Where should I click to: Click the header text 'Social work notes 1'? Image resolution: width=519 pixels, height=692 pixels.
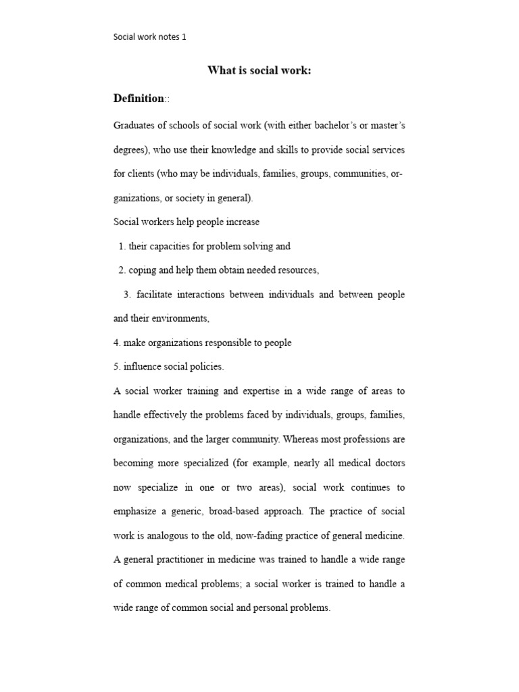149,37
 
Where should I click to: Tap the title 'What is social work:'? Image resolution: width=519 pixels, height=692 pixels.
259,71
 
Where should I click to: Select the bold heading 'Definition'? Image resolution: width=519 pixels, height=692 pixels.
139,99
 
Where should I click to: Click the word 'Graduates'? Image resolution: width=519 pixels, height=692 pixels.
134,125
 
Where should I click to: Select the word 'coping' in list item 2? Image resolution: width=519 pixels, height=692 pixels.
142,270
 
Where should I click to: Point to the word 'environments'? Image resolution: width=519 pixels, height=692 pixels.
184,318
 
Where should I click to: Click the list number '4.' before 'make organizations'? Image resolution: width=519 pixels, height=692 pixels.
117,343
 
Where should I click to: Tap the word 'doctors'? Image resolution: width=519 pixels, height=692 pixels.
389,464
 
